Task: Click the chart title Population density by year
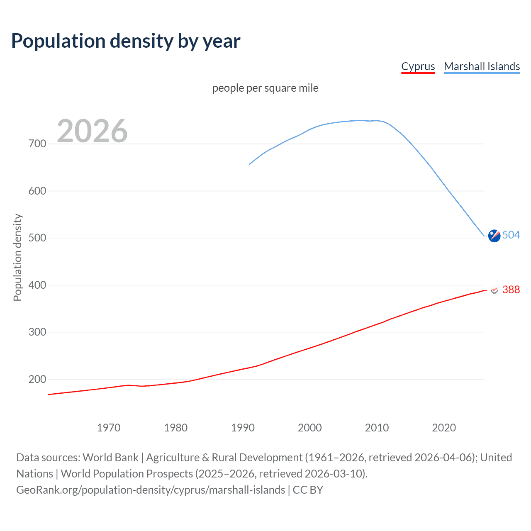(126, 41)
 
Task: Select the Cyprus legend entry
(418, 66)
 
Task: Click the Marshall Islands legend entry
(482, 66)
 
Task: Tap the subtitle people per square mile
(265, 88)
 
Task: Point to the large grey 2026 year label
(92, 131)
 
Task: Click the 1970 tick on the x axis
(109, 428)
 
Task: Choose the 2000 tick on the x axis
(309, 428)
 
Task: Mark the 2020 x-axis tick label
(444, 428)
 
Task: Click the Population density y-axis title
(17, 257)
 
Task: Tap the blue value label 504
(511, 235)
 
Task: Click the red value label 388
(511, 290)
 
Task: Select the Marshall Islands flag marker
(494, 236)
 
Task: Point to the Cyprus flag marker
(494, 290)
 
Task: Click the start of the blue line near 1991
(250, 164)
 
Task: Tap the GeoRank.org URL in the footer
(151, 490)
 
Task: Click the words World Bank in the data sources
(110, 458)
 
